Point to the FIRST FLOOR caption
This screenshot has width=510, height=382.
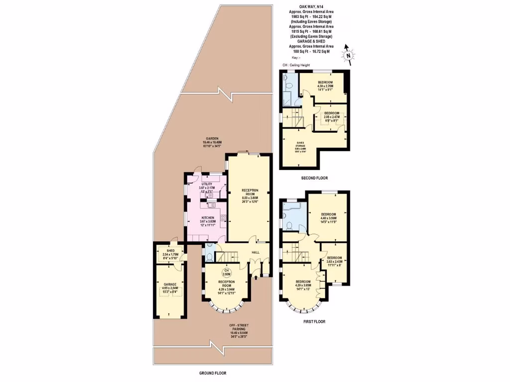click(314, 322)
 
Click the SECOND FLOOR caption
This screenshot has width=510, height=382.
click(314, 178)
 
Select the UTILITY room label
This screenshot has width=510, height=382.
click(207, 184)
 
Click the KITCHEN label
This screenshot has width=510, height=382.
click(208, 218)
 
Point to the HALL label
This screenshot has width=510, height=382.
click(255, 253)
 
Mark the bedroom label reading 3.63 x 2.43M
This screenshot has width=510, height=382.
click(334, 258)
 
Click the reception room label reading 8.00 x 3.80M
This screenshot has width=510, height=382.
click(250, 191)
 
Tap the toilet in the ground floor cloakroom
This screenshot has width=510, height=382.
click(209, 257)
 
